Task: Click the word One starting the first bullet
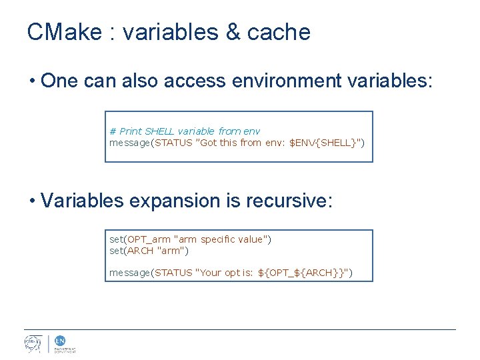pyautogui.click(x=58, y=81)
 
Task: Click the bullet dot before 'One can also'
pyautogui.click(x=31, y=82)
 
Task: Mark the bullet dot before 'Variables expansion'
pyautogui.click(x=31, y=201)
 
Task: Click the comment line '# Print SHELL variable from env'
pyautogui.click(x=185, y=131)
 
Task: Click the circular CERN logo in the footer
pyautogui.click(x=33, y=343)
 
